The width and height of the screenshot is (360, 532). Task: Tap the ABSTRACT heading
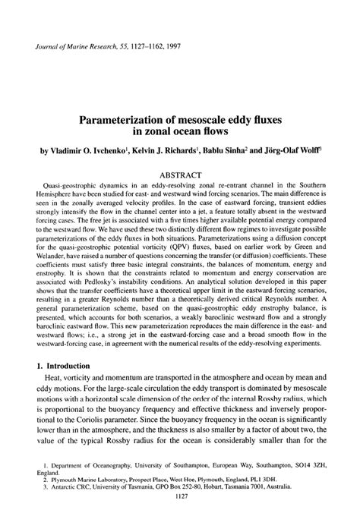click(x=180, y=175)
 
